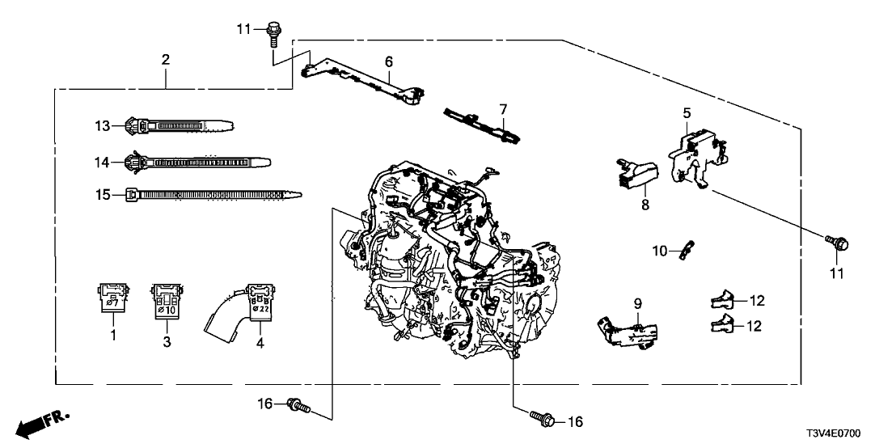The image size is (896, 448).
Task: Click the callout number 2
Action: pyautogui.click(x=165, y=59)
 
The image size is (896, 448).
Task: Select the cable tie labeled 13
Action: pyautogui.click(x=178, y=126)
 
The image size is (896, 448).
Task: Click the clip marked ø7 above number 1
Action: pyautogui.click(x=112, y=298)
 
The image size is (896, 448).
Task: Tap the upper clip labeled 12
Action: pyautogui.click(x=725, y=302)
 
